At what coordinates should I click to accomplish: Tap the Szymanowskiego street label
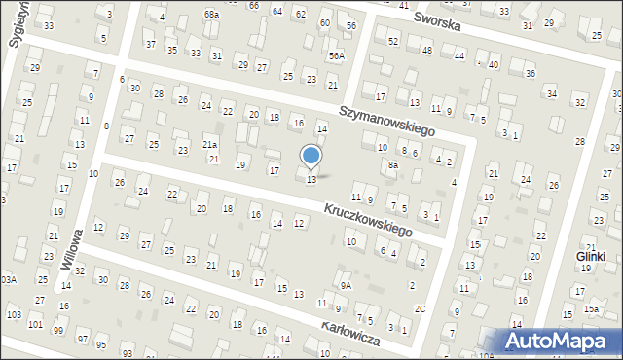click(386, 121)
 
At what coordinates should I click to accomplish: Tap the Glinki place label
click(590, 256)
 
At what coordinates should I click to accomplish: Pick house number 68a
click(212, 15)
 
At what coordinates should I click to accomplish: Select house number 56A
click(336, 56)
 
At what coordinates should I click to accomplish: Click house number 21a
click(209, 145)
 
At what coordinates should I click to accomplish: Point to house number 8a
click(393, 166)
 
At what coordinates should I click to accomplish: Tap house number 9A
click(346, 285)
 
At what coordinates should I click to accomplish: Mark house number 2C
click(420, 308)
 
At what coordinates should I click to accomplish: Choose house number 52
click(393, 41)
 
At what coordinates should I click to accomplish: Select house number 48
click(426, 50)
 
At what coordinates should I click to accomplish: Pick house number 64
click(276, 12)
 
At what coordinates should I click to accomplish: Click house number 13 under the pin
click(311, 180)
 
